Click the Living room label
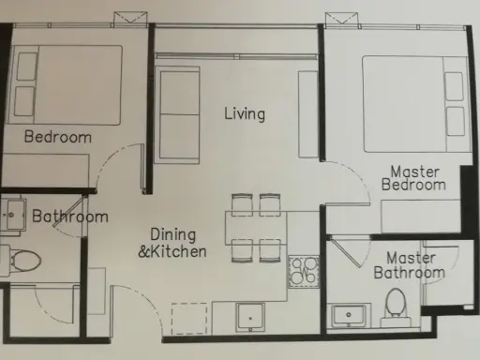click(245, 113)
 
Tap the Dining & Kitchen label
click(172, 243)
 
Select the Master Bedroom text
click(413, 178)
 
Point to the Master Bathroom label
click(410, 265)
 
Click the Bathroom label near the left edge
click(70, 217)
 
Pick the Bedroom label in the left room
click(58, 137)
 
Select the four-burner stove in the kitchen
click(304, 271)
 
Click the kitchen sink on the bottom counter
click(250, 318)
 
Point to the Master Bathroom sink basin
click(349, 315)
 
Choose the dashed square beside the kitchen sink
click(189, 319)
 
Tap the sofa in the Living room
click(177, 115)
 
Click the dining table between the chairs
click(256, 228)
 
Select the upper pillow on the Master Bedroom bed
click(454, 86)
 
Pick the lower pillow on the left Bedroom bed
click(24, 101)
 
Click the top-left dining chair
click(242, 204)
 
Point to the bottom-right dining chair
click(270, 250)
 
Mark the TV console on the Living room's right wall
click(308, 114)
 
